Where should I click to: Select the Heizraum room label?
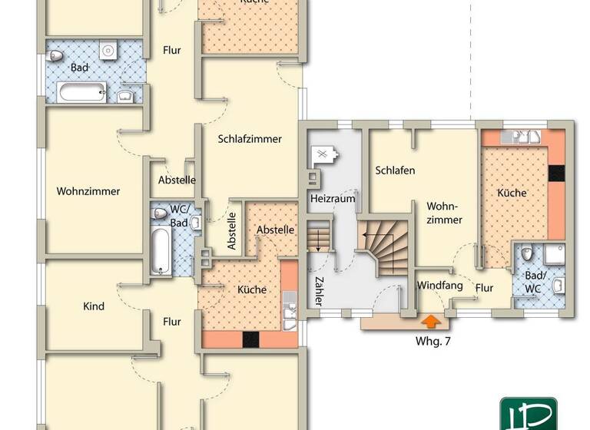(x=333, y=198)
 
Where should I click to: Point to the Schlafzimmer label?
(x=249, y=139)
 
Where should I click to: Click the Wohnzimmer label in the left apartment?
(x=88, y=192)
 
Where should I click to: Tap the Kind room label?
(x=93, y=306)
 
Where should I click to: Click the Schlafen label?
(x=395, y=170)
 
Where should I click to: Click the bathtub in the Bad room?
(x=81, y=94)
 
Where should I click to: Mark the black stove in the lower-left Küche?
(x=251, y=339)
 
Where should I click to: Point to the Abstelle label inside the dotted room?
(x=275, y=230)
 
